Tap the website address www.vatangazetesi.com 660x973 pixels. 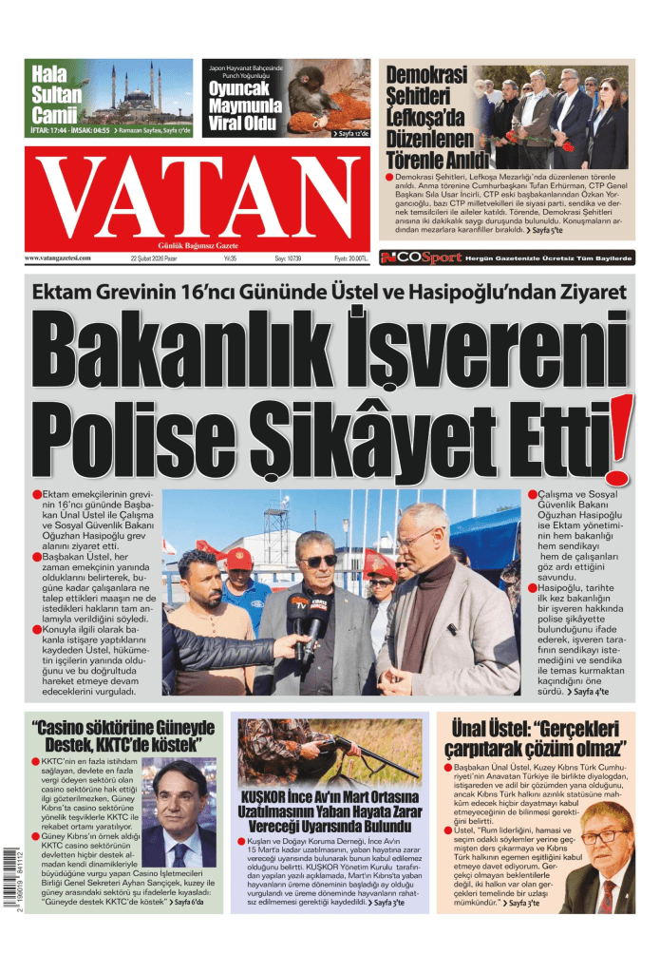(59, 258)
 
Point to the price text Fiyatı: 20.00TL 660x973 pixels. (349, 258)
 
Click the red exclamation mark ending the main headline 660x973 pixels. (619, 439)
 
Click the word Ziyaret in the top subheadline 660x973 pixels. (587, 292)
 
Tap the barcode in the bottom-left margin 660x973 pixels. (12, 878)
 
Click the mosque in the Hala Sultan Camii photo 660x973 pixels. (132, 95)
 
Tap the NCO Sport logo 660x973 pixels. (421, 258)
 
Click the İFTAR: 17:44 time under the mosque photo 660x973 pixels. (49, 129)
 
